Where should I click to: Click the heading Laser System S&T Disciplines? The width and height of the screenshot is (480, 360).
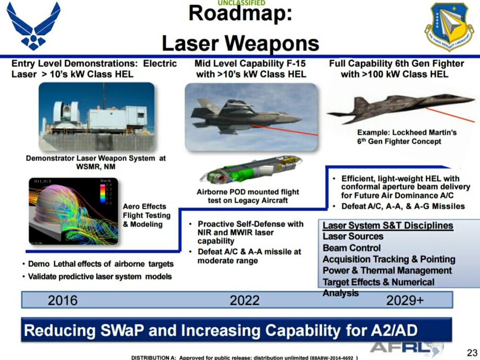388,226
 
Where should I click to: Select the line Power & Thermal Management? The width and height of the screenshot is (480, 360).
387,271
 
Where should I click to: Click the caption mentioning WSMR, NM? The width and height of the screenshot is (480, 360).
96,162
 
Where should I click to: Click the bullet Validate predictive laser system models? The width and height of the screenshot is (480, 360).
99,277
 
